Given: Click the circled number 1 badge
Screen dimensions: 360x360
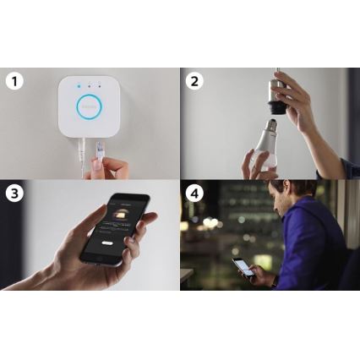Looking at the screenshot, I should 14,82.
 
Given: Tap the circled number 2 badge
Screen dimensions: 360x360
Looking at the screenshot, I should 194,82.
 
